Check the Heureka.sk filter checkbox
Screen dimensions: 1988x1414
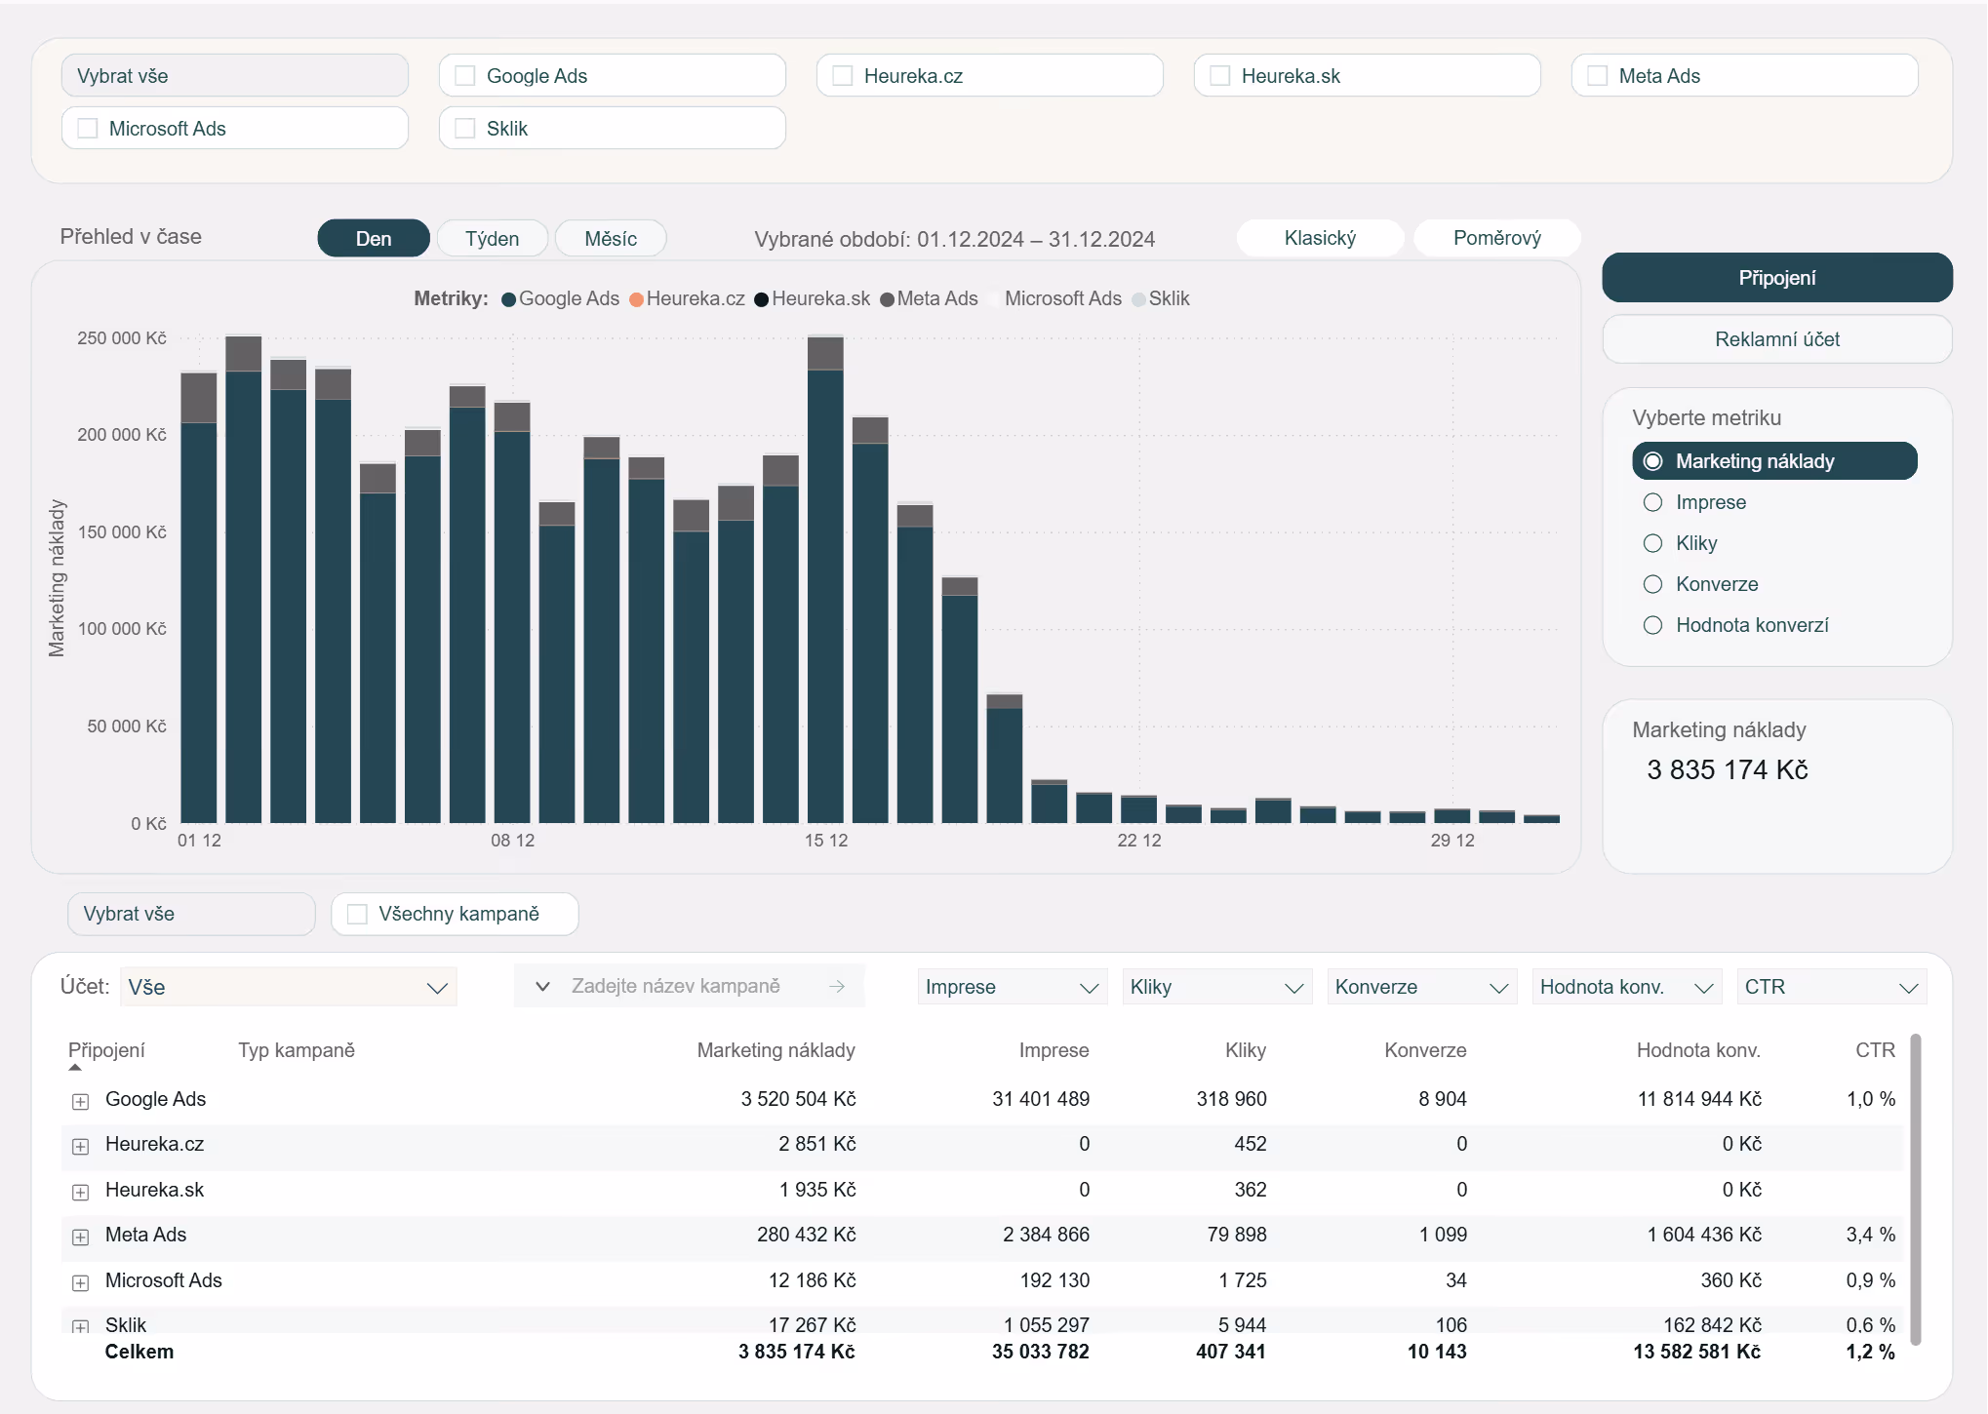point(1219,76)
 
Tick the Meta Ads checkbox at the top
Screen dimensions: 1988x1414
point(1597,76)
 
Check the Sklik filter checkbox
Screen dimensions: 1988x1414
point(464,129)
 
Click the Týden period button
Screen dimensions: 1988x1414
point(492,239)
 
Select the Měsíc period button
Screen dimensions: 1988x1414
point(611,239)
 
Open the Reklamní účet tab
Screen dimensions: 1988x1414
point(1776,339)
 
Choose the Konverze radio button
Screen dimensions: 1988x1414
point(1652,584)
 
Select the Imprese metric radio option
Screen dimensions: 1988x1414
point(1652,502)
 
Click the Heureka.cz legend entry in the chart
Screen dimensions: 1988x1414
point(687,298)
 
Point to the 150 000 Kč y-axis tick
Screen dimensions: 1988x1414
point(121,532)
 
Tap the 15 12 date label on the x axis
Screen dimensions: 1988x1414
point(825,841)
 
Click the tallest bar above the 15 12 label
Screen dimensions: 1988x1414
point(825,579)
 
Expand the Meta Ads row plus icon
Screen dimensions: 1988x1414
point(81,1237)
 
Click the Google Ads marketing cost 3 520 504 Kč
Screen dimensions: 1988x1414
point(798,1099)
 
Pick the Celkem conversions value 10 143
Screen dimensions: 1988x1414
point(1437,1352)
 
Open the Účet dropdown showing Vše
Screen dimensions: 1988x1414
point(289,987)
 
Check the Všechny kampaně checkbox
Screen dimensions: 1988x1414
point(357,914)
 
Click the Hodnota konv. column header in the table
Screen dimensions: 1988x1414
point(1698,1050)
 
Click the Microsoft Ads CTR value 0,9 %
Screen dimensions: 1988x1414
point(1870,1280)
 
